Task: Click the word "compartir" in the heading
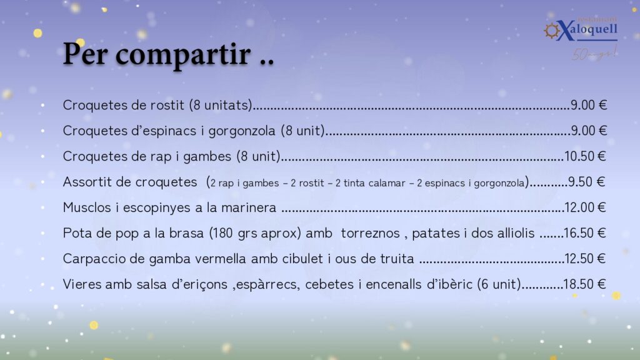coord(183,55)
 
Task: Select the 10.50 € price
coord(585,156)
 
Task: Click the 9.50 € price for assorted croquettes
coord(586,182)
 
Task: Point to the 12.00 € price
coord(585,207)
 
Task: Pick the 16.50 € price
coord(585,234)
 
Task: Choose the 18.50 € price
coord(584,284)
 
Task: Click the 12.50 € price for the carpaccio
coord(585,259)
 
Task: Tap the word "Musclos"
coord(87,207)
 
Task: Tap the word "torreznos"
coord(370,234)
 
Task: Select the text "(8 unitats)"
coord(221,105)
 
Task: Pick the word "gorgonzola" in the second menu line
coord(242,131)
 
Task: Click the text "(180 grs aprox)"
coord(255,234)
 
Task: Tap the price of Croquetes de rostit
coord(589,105)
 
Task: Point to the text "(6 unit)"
coord(499,284)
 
